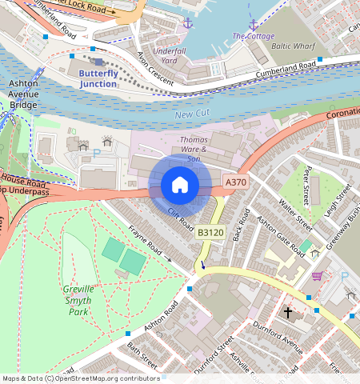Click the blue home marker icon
pos(180,185)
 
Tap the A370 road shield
pos(235,182)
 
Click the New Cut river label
pos(191,117)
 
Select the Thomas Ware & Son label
pos(193,149)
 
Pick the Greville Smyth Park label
pos(78,300)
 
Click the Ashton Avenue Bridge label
pos(22,93)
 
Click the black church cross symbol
pos(288,313)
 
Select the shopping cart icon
pos(318,276)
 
